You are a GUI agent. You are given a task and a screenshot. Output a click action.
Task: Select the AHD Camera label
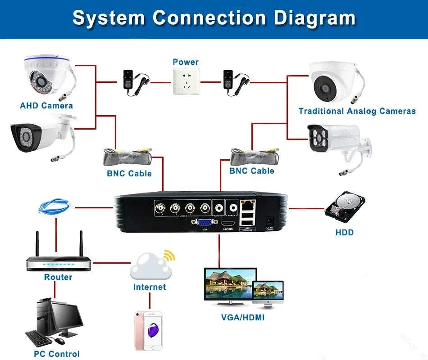46,106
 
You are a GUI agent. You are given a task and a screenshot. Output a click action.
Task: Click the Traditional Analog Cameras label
357,111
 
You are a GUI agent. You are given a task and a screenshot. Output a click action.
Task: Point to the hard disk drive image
345,207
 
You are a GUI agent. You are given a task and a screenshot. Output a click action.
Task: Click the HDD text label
345,233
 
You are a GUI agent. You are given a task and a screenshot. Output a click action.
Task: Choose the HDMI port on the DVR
229,223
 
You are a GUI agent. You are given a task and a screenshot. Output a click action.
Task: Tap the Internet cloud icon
151,267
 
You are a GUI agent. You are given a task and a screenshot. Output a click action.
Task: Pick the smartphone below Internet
148,330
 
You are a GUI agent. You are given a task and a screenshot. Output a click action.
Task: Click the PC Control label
57,354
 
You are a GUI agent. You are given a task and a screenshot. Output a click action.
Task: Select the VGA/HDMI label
242,318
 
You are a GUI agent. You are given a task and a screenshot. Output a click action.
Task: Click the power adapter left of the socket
134,82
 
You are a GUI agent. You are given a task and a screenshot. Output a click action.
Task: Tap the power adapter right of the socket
235,82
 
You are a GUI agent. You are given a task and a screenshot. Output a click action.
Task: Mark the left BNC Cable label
129,173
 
